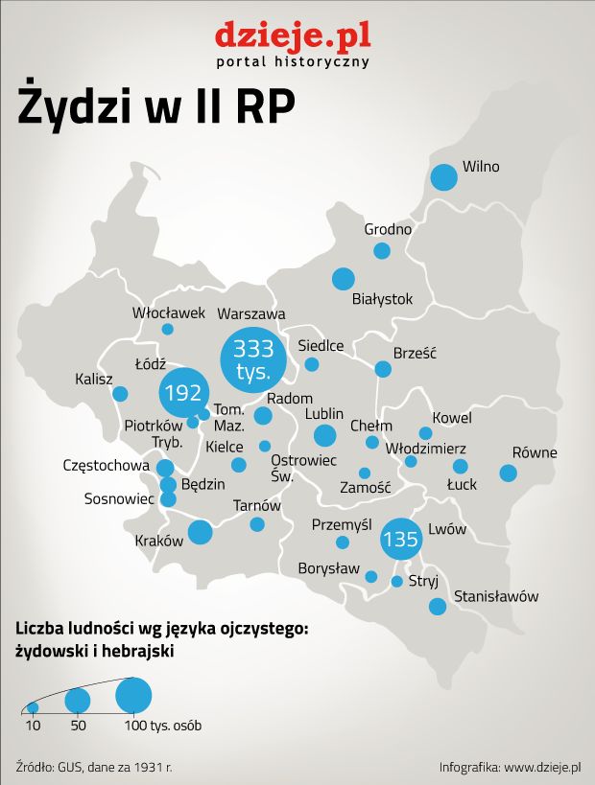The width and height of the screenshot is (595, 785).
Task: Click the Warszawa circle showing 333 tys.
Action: (x=253, y=358)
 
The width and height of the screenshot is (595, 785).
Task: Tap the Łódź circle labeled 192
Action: (x=182, y=392)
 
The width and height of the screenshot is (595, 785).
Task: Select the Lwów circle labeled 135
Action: (x=399, y=539)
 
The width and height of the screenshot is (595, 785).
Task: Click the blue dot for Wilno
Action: (x=443, y=177)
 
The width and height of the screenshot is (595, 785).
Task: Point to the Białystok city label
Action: (x=382, y=299)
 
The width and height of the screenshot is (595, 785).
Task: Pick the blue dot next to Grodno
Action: (x=382, y=251)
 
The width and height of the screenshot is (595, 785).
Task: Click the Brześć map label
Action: (x=415, y=353)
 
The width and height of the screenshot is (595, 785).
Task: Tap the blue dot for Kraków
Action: (x=200, y=532)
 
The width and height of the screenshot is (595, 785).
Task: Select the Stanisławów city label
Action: (x=496, y=596)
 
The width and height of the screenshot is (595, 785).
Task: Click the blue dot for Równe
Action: (x=508, y=473)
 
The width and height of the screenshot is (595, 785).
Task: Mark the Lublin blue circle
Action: (x=325, y=436)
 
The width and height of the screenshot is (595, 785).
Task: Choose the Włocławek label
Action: (x=169, y=312)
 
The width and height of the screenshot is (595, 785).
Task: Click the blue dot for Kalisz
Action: (x=120, y=393)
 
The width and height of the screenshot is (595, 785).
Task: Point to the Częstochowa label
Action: (x=106, y=466)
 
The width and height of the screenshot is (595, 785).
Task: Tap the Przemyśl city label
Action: (x=342, y=524)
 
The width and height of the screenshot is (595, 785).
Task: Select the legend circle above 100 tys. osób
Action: (x=134, y=694)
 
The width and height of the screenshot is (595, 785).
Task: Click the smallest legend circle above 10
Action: (x=33, y=707)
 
